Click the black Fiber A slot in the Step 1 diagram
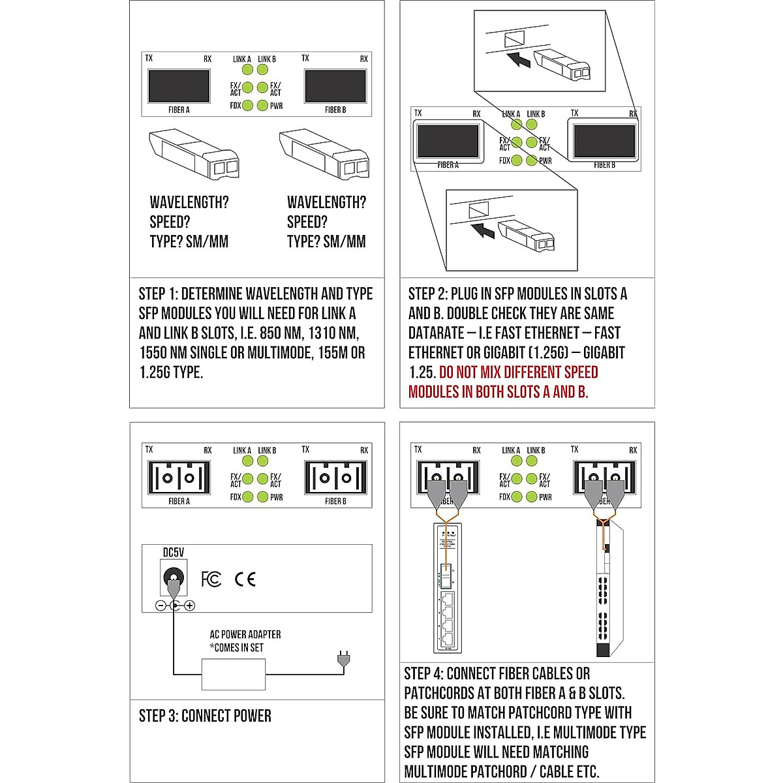pos(179,85)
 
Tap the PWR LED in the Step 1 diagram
pos(262,105)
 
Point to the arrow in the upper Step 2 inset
pos(518,60)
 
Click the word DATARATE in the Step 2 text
pos(435,333)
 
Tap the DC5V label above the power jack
pos(173,552)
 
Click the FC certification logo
pos(211,579)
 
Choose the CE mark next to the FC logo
pos(245,579)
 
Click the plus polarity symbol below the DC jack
pos(190,606)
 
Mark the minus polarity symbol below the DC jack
pos(161,606)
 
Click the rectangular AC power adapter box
pos(234,674)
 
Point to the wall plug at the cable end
pos(343,660)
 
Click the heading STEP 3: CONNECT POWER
pos(205,716)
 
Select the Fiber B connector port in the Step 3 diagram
pos(335,478)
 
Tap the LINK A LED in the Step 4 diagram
pos(516,461)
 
